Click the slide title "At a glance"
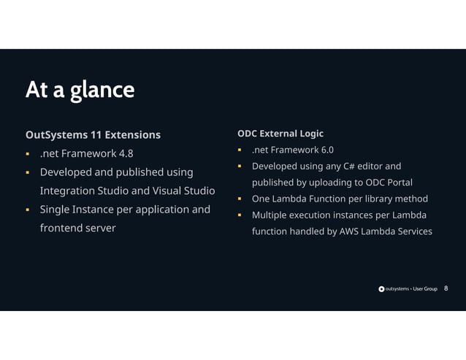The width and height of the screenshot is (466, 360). [x=80, y=90]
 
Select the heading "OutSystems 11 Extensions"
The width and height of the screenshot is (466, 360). [x=93, y=135]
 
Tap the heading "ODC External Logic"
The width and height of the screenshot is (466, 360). [x=280, y=134]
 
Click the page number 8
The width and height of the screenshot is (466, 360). [x=446, y=288]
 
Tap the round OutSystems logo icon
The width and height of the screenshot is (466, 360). [x=381, y=289]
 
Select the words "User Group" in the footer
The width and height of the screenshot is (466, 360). [x=425, y=289]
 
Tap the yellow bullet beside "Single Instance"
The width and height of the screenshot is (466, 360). [x=27, y=210]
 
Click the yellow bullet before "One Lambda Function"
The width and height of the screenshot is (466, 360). [x=239, y=199]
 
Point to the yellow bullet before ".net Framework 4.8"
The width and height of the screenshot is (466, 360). [x=27, y=154]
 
